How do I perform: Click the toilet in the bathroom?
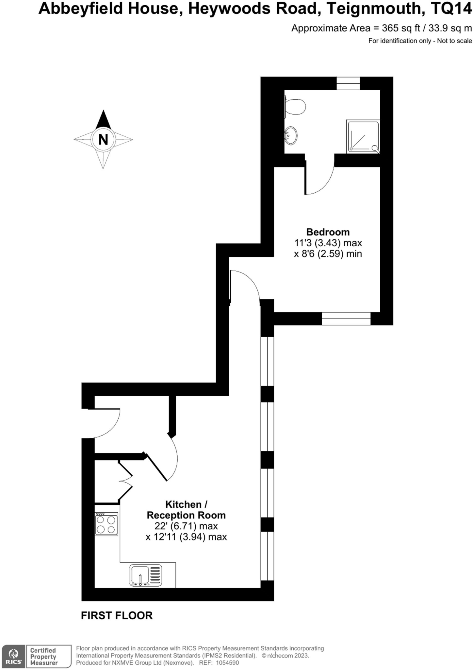click(296, 107)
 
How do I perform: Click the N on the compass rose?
click(103, 139)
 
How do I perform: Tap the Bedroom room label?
click(328, 232)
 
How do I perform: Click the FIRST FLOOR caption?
click(117, 615)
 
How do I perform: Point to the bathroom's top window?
click(348, 83)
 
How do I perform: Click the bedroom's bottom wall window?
click(346, 318)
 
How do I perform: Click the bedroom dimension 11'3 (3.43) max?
click(328, 243)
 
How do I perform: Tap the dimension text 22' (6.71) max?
click(186, 526)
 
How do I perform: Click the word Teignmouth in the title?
click(373, 9)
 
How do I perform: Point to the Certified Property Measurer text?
click(44, 656)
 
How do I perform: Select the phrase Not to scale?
click(454, 41)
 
